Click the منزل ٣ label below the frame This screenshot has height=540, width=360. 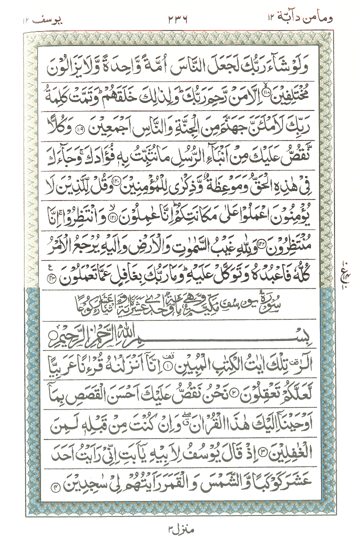coord(179,526)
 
